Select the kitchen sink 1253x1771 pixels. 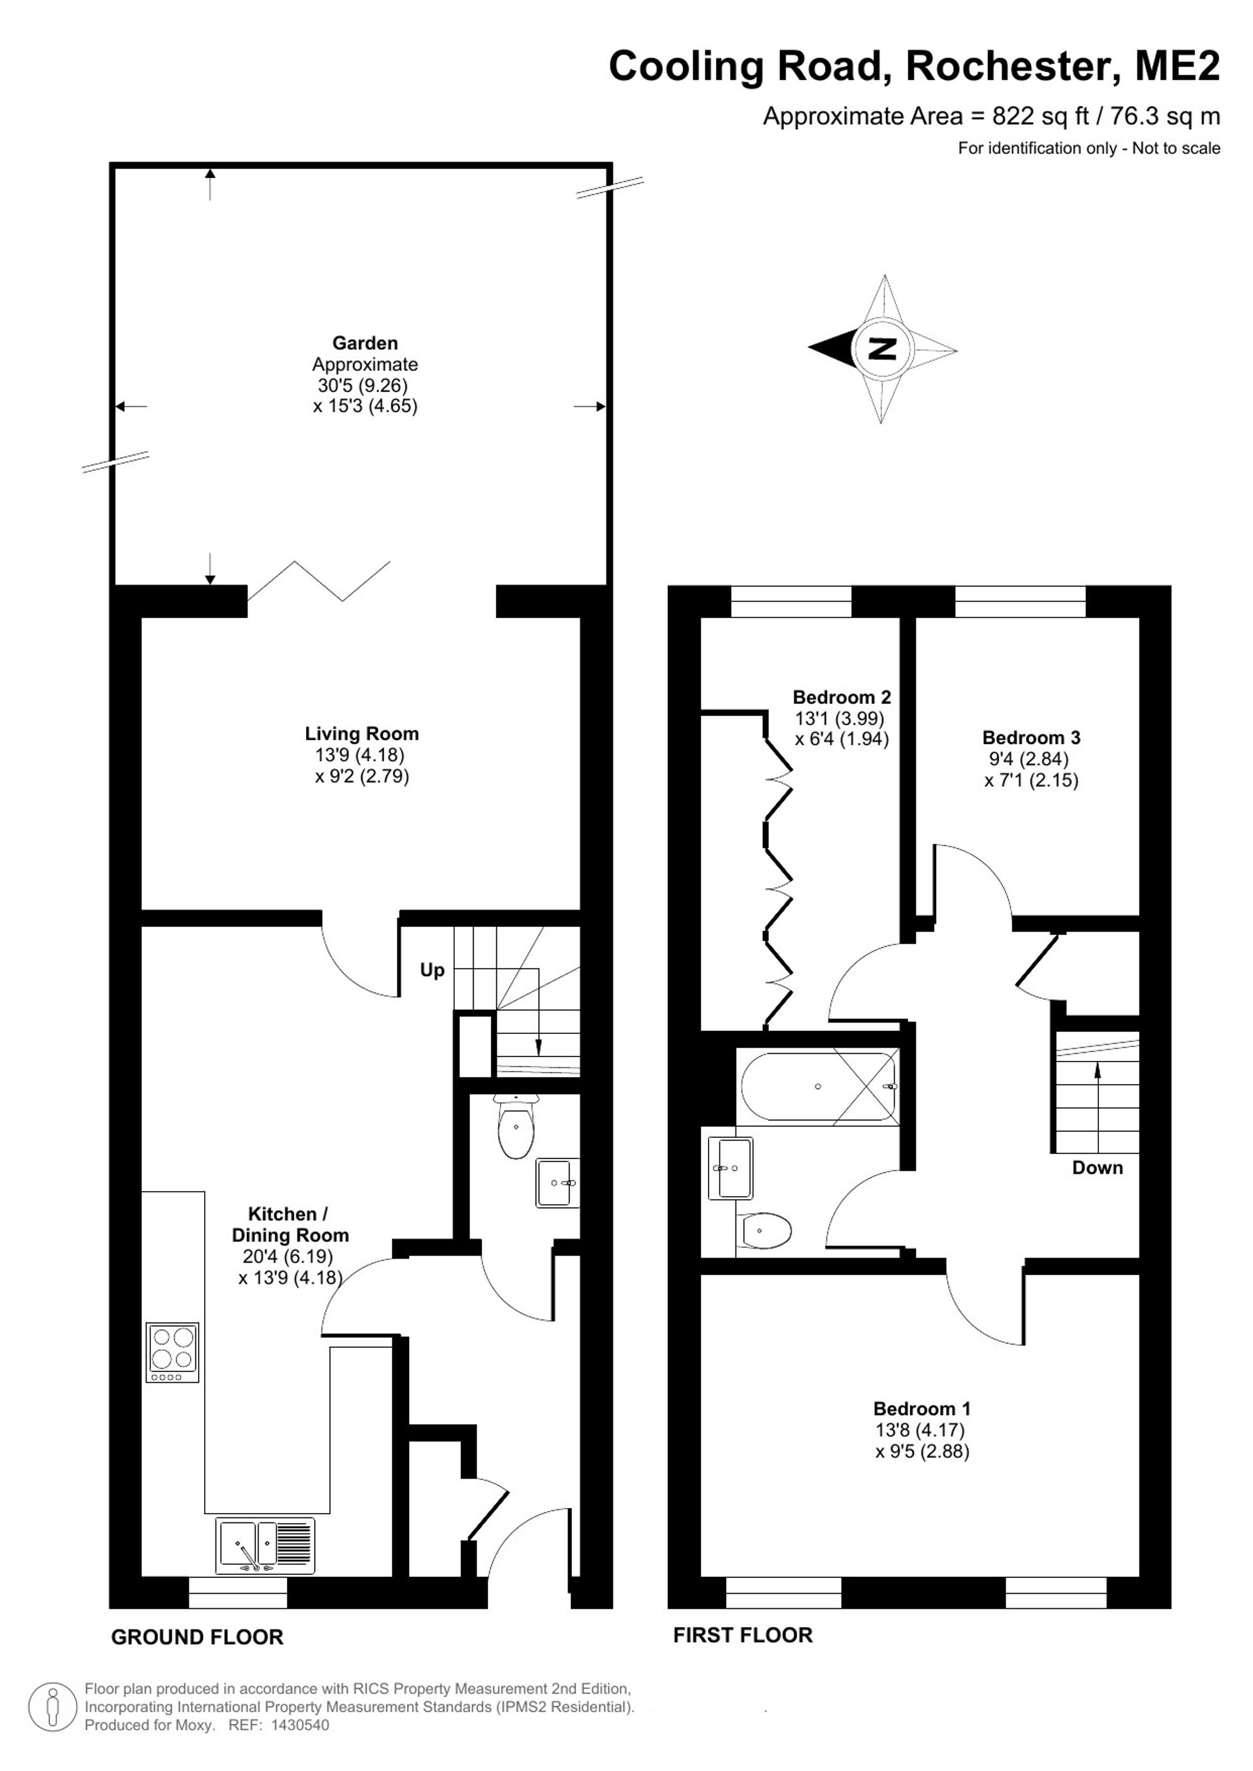266,1545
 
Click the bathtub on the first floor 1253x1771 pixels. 818,1086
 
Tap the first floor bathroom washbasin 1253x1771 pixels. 730,1169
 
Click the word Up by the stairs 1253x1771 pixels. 432,969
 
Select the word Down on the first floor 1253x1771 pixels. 1097,1168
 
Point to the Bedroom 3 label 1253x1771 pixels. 1031,738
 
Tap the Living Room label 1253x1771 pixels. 362,733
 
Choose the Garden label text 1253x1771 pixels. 365,343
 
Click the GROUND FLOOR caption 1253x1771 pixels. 197,1638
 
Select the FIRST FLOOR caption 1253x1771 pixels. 743,1635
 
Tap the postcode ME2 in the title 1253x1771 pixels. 1177,66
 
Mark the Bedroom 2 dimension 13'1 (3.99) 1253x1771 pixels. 840,718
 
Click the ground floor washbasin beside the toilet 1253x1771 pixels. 557,1182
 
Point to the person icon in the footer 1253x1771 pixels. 53,1707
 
